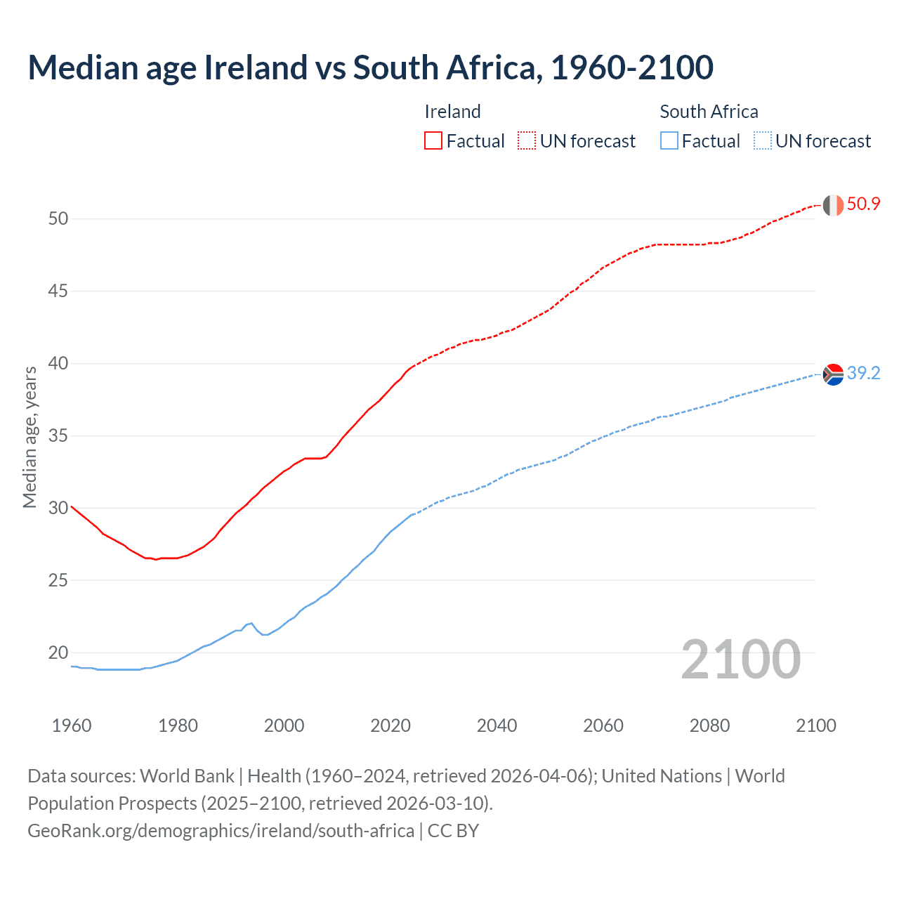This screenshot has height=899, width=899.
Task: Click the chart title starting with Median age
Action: click(370, 67)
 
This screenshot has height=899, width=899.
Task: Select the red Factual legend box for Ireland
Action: click(433, 140)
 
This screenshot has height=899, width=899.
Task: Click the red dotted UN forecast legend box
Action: click(527, 140)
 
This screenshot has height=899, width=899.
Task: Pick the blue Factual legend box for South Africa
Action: click(669, 140)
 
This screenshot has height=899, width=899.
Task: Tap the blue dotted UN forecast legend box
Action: click(763, 140)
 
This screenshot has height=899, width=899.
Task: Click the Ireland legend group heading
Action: click(452, 112)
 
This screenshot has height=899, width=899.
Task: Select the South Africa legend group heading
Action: click(709, 112)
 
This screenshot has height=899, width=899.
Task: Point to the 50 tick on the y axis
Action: click(58, 218)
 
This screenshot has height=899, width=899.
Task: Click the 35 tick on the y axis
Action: click(58, 435)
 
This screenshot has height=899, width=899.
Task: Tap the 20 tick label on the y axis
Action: click(58, 652)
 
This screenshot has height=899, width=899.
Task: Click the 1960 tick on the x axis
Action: click(72, 726)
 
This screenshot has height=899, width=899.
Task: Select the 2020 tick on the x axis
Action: click(391, 726)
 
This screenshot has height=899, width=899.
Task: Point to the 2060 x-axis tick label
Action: click(603, 726)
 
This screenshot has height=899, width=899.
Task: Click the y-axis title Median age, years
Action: click(29, 437)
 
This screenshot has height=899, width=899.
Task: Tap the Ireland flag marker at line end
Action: click(833, 205)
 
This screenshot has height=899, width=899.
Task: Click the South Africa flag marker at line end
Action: click(833, 374)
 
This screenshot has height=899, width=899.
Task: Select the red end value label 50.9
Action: click(863, 204)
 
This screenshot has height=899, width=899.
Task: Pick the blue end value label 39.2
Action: click(863, 374)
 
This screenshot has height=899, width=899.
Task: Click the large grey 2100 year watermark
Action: click(741, 659)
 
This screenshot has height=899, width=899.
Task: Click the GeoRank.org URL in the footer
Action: click(221, 831)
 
